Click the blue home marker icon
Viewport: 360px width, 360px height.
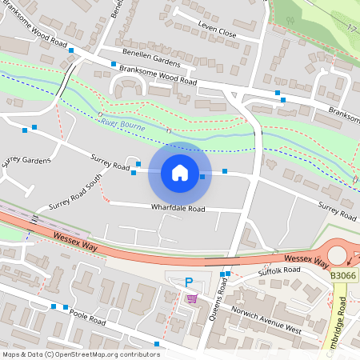pyautogui.click(x=180, y=173)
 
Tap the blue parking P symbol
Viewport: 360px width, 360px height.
pyautogui.click(x=189, y=282)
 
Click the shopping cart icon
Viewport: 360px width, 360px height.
pyautogui.click(x=192, y=298)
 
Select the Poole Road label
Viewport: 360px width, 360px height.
pyautogui.click(x=88, y=318)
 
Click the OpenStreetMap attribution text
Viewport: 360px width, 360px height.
pyautogui.click(x=80, y=354)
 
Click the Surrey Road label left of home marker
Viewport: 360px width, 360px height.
pyautogui.click(x=110, y=162)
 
